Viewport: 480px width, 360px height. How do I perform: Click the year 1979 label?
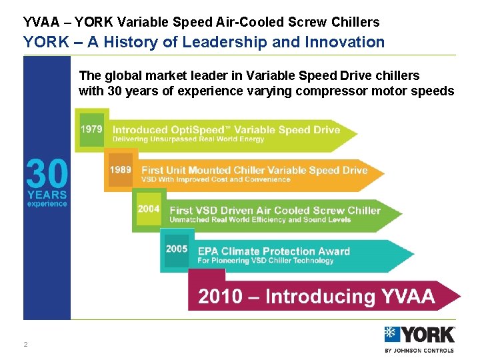(91, 129)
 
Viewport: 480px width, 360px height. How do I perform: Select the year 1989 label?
(120, 170)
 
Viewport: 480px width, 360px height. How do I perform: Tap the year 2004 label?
(149, 209)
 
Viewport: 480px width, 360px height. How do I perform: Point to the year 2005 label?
(177, 249)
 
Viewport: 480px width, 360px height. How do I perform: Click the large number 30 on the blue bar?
(47, 174)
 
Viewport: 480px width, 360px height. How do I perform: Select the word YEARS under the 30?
(47, 195)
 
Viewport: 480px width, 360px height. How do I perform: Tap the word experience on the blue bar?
(47, 204)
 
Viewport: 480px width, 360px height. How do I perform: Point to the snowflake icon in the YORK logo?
(393, 335)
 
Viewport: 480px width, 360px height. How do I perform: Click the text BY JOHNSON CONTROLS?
(419, 350)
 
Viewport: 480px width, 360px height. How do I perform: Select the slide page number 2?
(25, 345)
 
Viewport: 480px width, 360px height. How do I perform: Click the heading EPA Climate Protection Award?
(274, 251)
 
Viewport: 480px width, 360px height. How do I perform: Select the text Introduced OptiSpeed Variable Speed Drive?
(226, 130)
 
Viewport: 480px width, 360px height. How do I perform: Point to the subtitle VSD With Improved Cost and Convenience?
(215, 179)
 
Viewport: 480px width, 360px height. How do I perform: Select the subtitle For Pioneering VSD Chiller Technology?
(265, 261)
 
